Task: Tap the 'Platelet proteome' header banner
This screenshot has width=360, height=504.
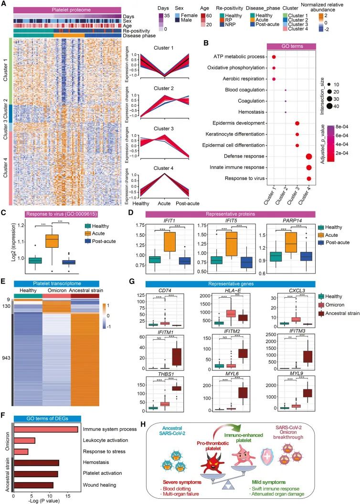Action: (67, 10)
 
